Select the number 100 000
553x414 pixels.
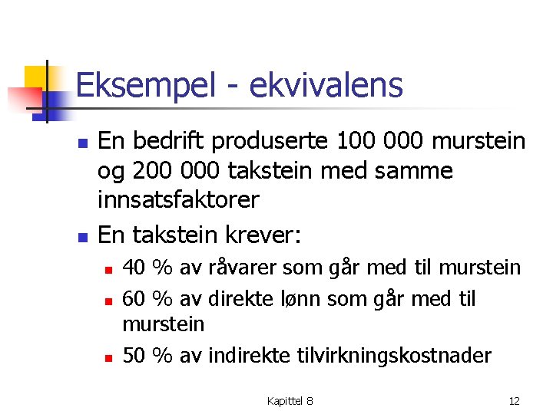point(361,141)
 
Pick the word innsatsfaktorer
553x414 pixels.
point(178,199)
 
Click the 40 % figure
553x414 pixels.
point(147,268)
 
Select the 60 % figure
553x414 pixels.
point(147,298)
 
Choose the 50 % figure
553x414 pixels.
point(147,356)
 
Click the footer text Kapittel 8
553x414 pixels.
point(290,401)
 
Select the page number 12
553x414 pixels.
point(515,401)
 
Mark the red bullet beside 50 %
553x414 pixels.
point(109,357)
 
